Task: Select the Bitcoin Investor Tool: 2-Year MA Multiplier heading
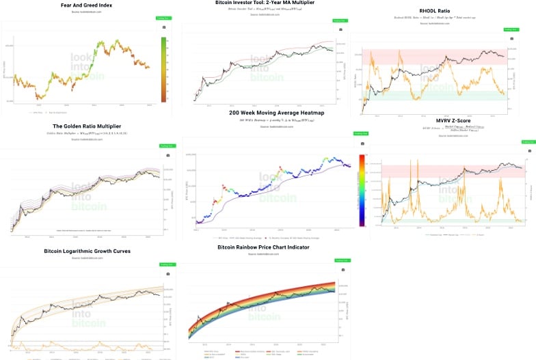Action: tap(266, 3)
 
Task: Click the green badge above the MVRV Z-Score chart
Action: tap(527, 141)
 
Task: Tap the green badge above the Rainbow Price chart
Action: tap(342, 260)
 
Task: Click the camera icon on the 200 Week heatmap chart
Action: tap(356, 144)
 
